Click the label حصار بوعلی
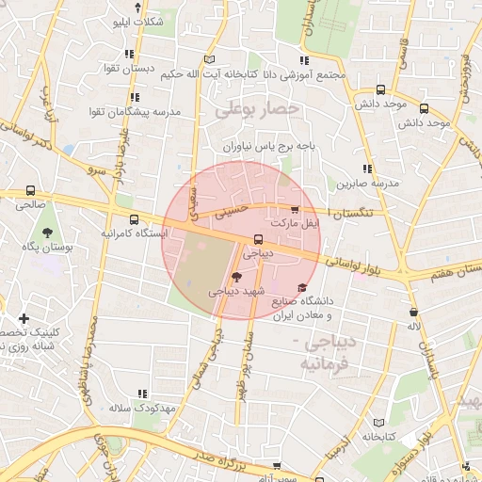(x=256, y=110)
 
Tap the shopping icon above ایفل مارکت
(x=295, y=211)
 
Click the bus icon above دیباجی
(x=258, y=239)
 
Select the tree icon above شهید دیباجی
(x=235, y=277)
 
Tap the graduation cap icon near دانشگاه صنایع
(x=301, y=288)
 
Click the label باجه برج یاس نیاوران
(x=265, y=147)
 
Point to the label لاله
(x=412, y=326)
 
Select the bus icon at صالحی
(x=30, y=190)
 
